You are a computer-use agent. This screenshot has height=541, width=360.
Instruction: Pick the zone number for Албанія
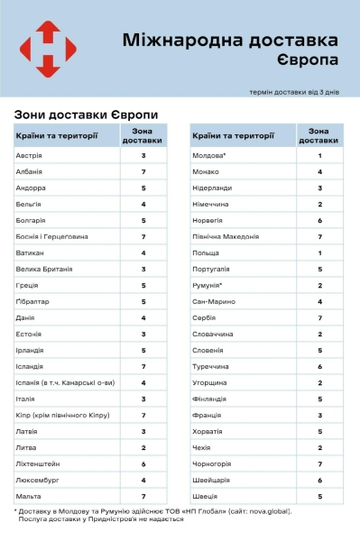pos(143,172)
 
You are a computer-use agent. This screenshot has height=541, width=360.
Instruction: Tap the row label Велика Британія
pos(42,269)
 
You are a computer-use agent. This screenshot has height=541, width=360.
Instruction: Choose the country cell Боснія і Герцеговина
pos(51,236)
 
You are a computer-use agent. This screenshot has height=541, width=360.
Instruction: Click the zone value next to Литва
pos(143,447)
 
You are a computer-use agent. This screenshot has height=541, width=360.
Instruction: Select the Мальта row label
pos(29,496)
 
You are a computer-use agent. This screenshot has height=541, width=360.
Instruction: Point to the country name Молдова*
pos(210,156)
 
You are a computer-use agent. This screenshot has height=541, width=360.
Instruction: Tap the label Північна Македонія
pos(226,236)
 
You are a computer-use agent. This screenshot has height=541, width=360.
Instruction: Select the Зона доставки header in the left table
pos(143,136)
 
